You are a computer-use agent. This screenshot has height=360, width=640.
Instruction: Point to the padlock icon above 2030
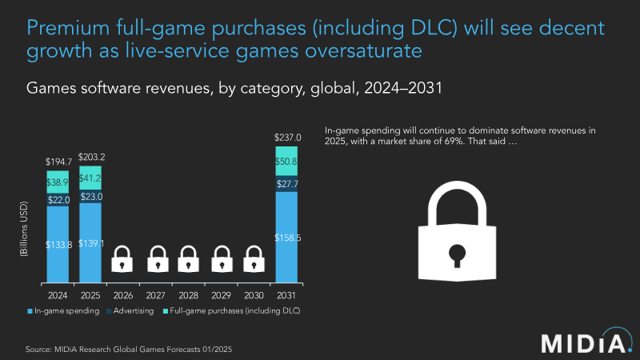[254, 258]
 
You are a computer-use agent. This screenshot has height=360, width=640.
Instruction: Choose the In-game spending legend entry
[60, 310]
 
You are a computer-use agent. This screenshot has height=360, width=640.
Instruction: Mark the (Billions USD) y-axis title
[25, 233]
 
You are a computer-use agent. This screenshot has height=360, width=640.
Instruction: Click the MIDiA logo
[582, 342]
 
